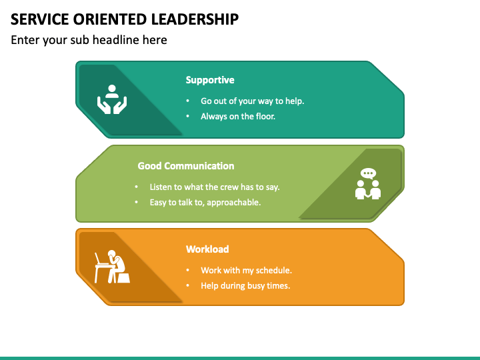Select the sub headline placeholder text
pos(89,40)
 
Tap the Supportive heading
pos(210,80)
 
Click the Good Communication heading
pos(186,166)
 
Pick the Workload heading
pos(207,249)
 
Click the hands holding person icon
pos(112,99)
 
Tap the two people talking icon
pos(368,185)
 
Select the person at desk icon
pos(112,267)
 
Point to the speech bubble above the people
pos(368,173)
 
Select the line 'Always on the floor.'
pos(238,116)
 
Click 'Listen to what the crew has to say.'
pos(215,187)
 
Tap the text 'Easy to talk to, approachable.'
pos(205,202)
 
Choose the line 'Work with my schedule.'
pos(247,271)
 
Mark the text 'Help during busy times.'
pos(245,285)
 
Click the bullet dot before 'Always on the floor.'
pos(188,117)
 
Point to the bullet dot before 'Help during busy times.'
pos(188,286)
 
